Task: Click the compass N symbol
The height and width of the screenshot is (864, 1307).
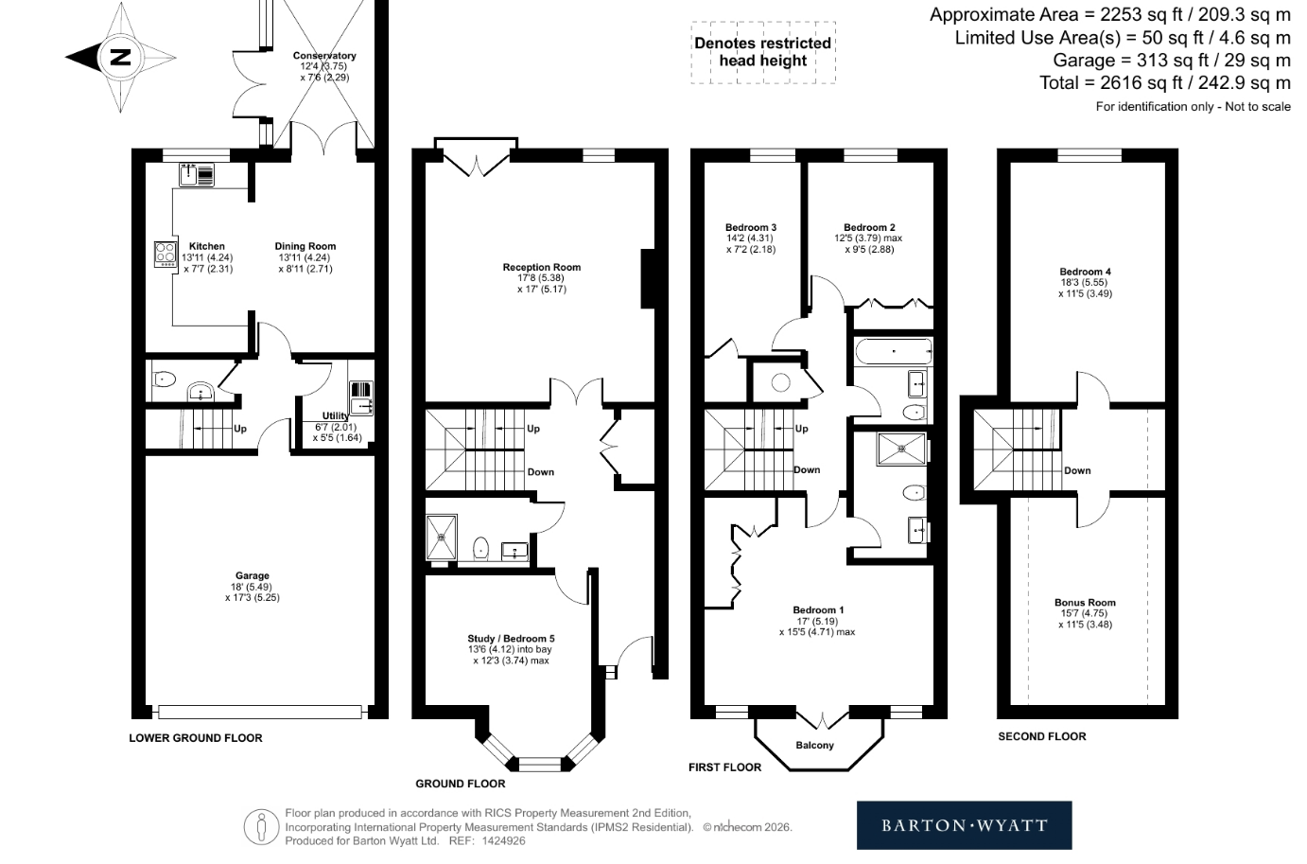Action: click(121, 57)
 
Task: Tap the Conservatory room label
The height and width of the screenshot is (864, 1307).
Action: click(324, 56)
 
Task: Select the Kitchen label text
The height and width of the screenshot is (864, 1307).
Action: click(206, 246)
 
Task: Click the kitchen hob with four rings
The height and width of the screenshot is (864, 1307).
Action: click(166, 255)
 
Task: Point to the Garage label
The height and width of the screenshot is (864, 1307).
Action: click(253, 575)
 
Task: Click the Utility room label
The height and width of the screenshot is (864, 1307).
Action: click(336, 415)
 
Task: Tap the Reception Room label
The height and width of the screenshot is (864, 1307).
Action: click(542, 268)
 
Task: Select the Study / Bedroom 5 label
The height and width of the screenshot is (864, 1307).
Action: click(511, 639)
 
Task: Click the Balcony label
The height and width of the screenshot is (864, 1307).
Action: click(814, 746)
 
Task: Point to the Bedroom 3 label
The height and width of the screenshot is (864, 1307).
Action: click(750, 228)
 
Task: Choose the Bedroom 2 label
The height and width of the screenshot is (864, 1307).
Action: click(869, 228)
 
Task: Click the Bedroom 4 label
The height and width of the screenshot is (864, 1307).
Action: click(1085, 272)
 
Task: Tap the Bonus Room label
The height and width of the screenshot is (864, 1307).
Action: click(1085, 603)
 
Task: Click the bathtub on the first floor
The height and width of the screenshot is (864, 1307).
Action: click(894, 351)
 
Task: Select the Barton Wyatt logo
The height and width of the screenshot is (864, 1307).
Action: click(964, 825)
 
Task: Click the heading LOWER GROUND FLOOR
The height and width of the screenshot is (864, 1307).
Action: click(196, 738)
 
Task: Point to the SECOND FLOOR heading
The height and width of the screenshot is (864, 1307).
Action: click(1041, 737)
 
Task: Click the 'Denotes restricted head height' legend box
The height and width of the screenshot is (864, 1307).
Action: click(763, 53)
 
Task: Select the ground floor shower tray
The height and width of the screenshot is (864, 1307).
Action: click(441, 537)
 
